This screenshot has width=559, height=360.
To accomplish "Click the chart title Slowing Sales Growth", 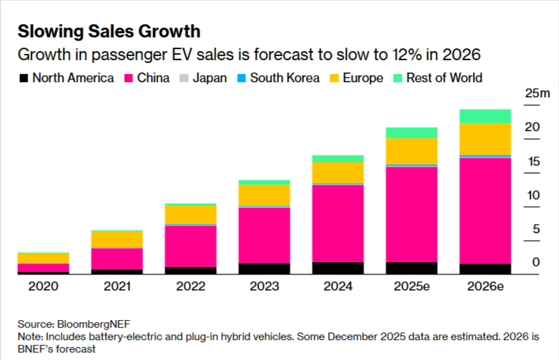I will (x=109, y=31).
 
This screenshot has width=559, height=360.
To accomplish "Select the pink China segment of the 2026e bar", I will (x=485, y=210).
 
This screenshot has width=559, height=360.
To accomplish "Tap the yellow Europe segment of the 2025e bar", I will (x=411, y=151).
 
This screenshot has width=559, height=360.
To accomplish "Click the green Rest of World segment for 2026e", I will (x=485, y=116).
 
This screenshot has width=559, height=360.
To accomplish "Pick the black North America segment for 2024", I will (x=338, y=268).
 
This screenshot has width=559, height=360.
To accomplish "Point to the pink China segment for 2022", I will (x=190, y=246).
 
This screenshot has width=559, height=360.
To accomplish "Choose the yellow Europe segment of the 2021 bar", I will (x=116, y=239).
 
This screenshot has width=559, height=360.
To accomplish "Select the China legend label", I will (x=153, y=78).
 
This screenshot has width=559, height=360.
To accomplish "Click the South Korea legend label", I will (x=285, y=78).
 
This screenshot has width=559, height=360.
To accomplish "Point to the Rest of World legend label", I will (x=444, y=78).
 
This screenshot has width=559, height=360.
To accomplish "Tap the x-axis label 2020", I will (x=43, y=286).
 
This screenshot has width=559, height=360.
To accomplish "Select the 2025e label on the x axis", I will (x=411, y=286).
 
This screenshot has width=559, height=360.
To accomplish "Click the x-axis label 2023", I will (x=264, y=286).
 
